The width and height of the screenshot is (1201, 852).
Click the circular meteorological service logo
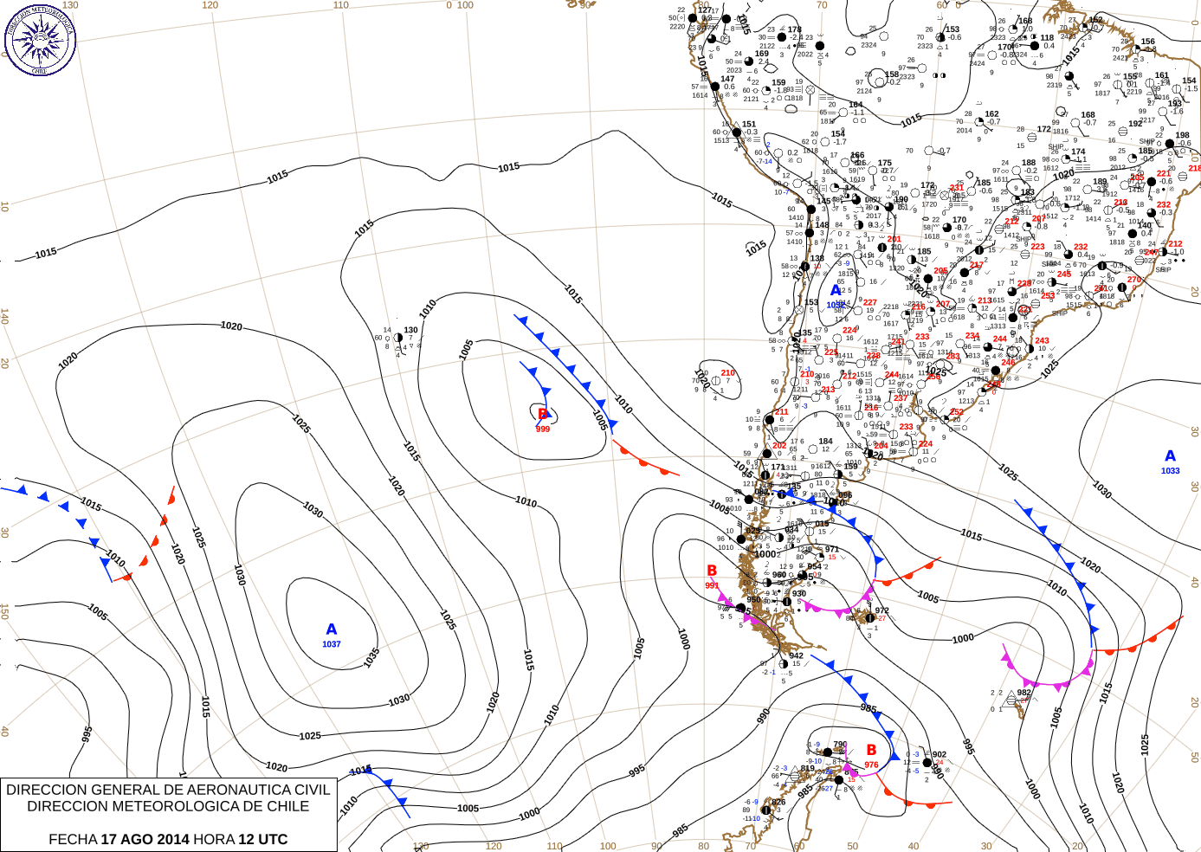[x=40, y=39]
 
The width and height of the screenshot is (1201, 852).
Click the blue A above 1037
[x=332, y=629]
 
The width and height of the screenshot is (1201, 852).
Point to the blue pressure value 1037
[x=332, y=644]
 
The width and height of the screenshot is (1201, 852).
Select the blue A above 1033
[x=1171, y=456]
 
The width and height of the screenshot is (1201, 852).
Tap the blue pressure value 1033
[x=1171, y=471]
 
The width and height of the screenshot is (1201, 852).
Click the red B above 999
[x=543, y=415]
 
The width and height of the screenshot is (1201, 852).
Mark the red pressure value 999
[x=543, y=429]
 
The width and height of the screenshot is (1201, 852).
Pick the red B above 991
[x=712, y=571]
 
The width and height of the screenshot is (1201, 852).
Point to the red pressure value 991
[x=712, y=585]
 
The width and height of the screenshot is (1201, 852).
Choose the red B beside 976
[x=871, y=750]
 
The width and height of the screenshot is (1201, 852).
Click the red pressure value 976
[x=871, y=765]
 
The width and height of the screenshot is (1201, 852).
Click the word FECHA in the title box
[x=73, y=839]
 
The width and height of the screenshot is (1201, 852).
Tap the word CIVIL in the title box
[x=310, y=790]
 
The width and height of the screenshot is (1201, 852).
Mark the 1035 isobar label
[x=371, y=658]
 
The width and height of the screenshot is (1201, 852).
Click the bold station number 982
[x=1024, y=692]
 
